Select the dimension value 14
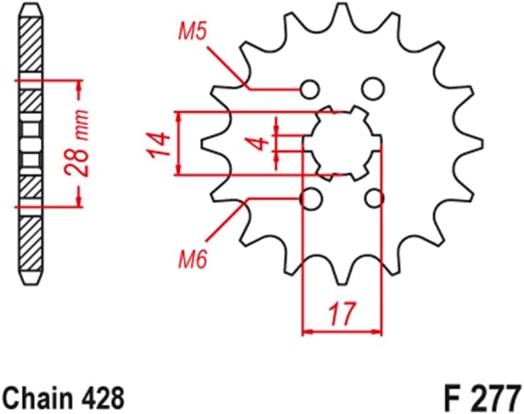157,144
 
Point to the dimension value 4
257,143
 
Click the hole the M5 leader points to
310,88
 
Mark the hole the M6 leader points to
310,199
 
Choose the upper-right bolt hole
370,88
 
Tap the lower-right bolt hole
373,199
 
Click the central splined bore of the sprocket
342,143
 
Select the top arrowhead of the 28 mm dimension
79,86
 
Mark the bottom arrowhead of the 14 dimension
179,170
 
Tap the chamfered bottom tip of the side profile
32,278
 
